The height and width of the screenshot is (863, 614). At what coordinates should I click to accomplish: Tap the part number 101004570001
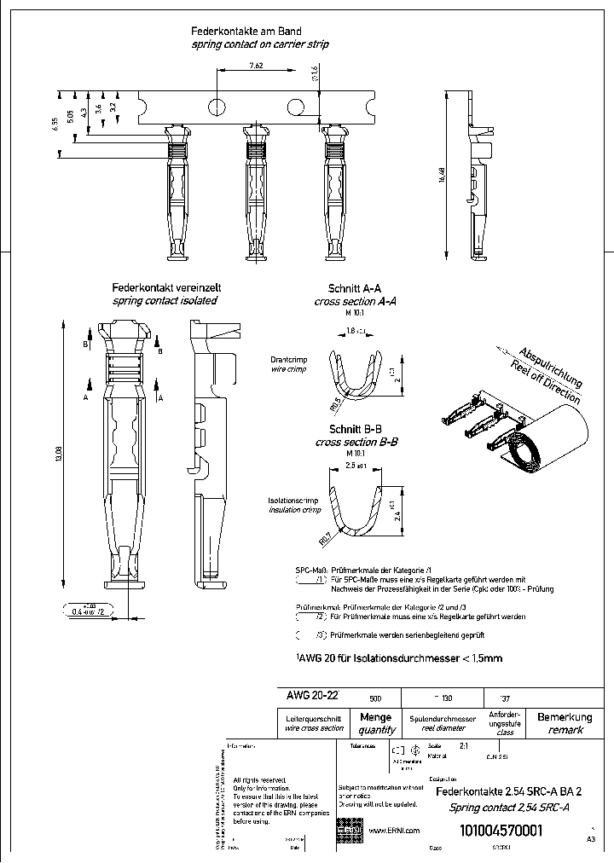pyautogui.click(x=501, y=831)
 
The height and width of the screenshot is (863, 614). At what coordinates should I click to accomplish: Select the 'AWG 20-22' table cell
pyautogui.click(x=312, y=696)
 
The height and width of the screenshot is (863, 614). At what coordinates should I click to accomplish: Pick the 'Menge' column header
pyautogui.click(x=376, y=718)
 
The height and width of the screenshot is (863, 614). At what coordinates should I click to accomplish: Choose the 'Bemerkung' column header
pyautogui.click(x=565, y=718)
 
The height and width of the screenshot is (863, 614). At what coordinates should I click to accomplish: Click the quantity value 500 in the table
pyautogui.click(x=375, y=698)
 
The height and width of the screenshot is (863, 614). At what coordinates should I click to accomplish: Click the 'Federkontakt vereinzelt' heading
pyautogui.click(x=165, y=288)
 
